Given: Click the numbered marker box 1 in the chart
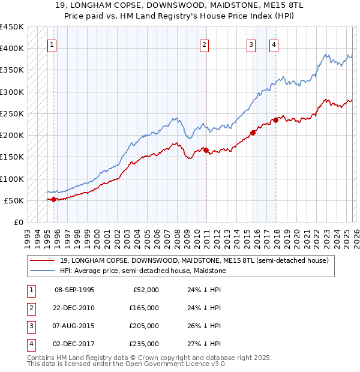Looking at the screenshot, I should pyautogui.click(x=52, y=44).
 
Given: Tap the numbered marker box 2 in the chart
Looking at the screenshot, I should pyautogui.click(x=204, y=44).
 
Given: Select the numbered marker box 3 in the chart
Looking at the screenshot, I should pyautogui.click(x=250, y=44).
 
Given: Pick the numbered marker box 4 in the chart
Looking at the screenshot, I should pyautogui.click(x=273, y=44).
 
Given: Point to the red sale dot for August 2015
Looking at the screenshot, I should pyautogui.click(x=253, y=133).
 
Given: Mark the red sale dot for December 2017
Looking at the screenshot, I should pyautogui.click(x=276, y=120).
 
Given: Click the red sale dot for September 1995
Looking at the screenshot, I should pyautogui.click(x=53, y=199).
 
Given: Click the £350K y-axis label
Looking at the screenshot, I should pyautogui.click(x=12, y=70).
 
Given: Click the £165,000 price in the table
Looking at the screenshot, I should pyautogui.click(x=144, y=308).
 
